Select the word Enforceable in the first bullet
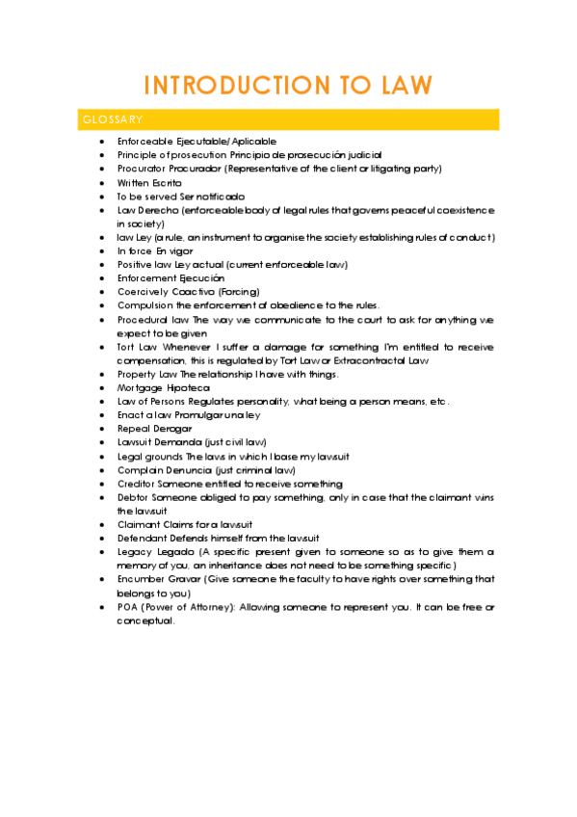[x=146, y=141]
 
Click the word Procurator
[x=143, y=169]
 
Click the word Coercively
[x=144, y=291]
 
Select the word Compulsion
[x=145, y=304]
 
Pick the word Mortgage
[x=141, y=387]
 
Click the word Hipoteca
[x=187, y=387]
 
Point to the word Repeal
[x=134, y=428]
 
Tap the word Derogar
[x=172, y=428]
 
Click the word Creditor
[x=139, y=483]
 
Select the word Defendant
[x=144, y=538]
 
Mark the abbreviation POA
[x=129, y=607]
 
